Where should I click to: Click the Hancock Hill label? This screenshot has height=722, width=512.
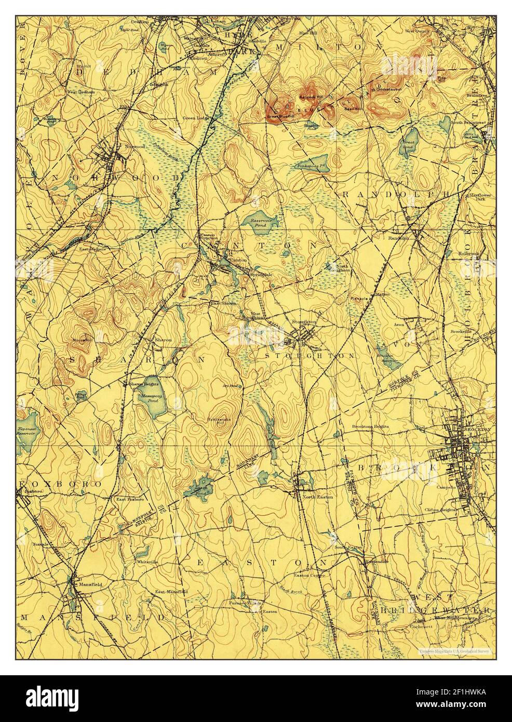pyautogui.click(x=310, y=97)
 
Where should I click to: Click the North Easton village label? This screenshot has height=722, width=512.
pyautogui.click(x=317, y=497)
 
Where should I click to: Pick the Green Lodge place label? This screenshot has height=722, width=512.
pyautogui.click(x=195, y=117)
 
